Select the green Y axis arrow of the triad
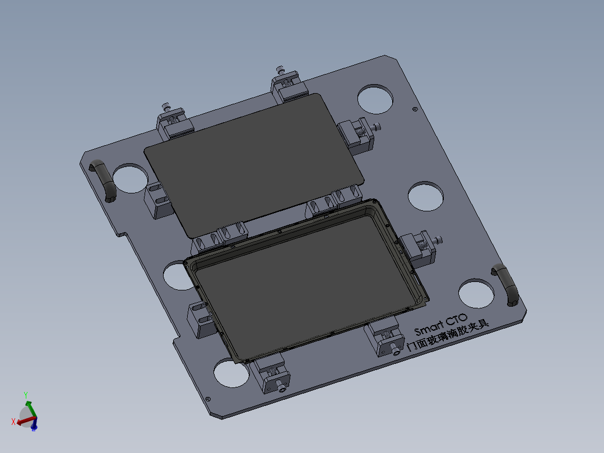click(26, 399)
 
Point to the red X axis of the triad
click(17, 421)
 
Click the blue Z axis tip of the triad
click(34, 427)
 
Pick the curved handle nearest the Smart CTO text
click(506, 285)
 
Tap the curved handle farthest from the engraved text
click(103, 179)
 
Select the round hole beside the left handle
click(129, 178)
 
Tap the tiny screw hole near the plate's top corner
click(414, 109)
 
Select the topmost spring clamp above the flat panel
click(288, 84)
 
